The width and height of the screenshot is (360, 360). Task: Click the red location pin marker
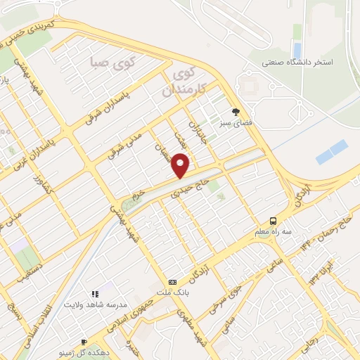point(181,165)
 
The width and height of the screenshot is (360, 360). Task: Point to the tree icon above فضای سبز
point(236,110)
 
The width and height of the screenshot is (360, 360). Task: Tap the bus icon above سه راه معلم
point(273,219)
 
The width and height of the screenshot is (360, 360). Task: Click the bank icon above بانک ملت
point(173,281)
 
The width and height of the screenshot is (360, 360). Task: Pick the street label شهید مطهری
point(189,328)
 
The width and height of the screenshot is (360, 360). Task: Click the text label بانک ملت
point(173,292)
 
